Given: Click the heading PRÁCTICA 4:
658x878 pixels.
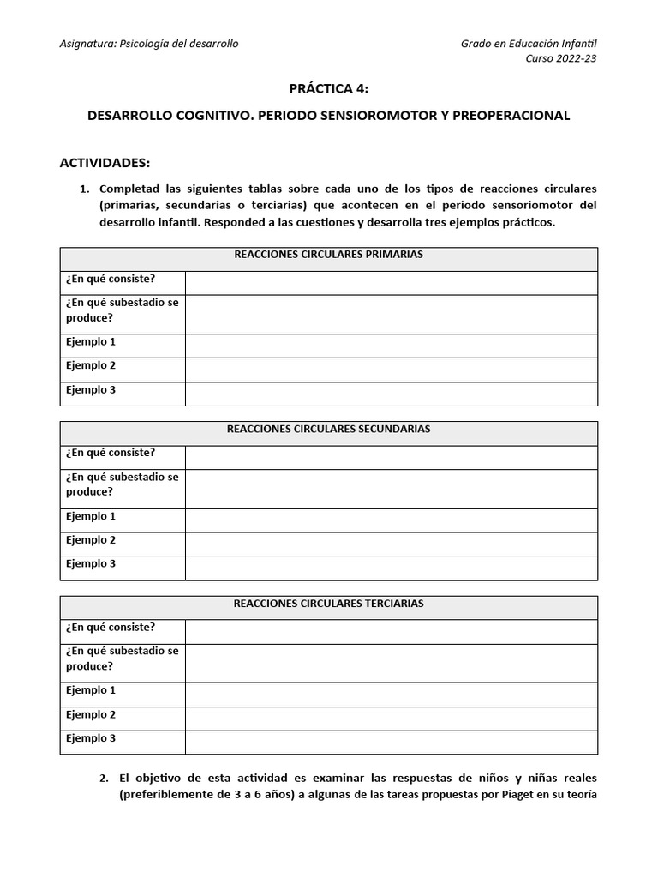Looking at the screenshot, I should pos(329,88).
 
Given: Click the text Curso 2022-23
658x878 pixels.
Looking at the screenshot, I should pos(561,58).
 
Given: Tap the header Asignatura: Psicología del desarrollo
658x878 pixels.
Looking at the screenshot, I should pos(149,44).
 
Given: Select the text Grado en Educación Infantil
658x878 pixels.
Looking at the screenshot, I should pos(529,44).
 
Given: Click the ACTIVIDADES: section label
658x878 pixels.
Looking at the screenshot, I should pos(105,162).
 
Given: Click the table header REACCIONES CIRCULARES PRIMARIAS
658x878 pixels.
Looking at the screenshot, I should pos(329,255).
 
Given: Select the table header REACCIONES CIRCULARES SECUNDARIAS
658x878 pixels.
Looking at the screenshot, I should pos(329,429).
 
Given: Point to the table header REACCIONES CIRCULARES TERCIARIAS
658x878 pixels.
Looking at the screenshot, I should pos(329,604).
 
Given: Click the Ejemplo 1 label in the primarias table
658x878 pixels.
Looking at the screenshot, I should pos(91,342).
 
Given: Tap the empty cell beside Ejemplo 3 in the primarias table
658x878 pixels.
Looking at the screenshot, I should pos(391,394).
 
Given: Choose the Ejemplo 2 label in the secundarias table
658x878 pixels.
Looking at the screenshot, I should pos(91,540).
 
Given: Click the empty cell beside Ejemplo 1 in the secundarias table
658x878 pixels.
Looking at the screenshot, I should pos(391,520).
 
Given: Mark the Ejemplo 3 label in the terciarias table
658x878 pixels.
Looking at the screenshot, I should pos(91,738).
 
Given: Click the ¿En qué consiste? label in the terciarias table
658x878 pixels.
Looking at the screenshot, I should pos(111,627).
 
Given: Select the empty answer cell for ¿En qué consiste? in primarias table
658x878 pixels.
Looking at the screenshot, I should pos(391,282).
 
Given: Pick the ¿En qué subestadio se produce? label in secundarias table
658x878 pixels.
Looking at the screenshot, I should pos(122,484).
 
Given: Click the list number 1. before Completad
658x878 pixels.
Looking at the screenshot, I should pos(84,189).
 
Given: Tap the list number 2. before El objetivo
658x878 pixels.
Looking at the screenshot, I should pos(104,778).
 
